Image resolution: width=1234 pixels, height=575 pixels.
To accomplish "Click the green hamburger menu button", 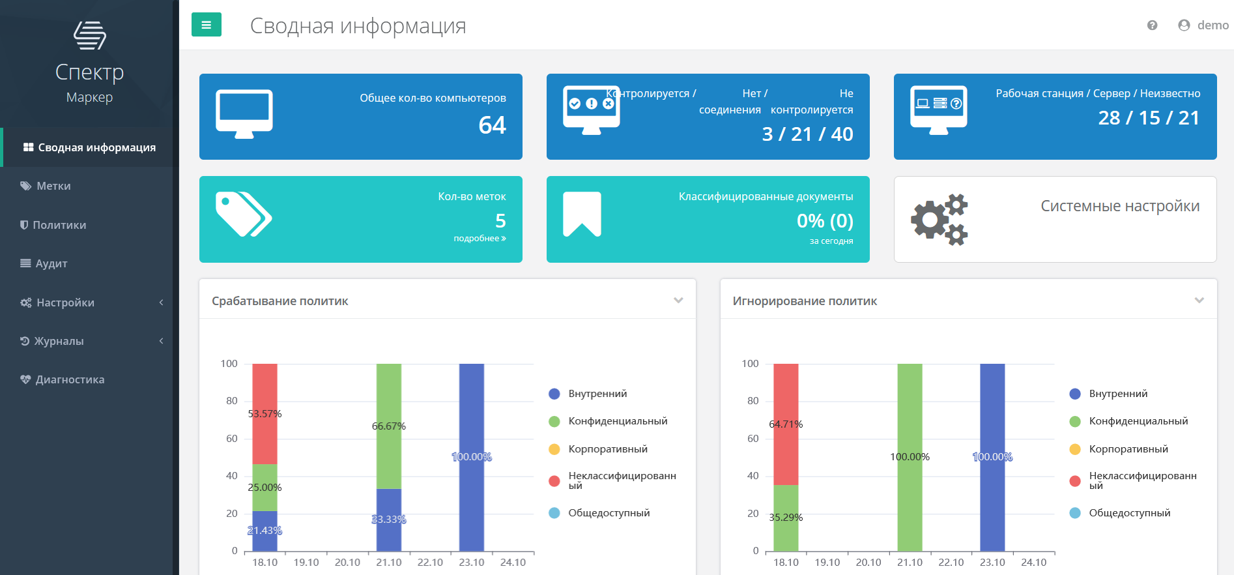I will pyautogui.click(x=206, y=25).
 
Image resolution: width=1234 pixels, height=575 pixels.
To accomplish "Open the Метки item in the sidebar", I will pyautogui.click(x=53, y=186).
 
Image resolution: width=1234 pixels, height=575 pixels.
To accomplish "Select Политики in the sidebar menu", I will pyautogui.click(x=59, y=225).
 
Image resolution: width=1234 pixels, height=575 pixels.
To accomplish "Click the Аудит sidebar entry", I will pyautogui.click(x=51, y=263).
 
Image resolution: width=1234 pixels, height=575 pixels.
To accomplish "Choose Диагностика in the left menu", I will pyautogui.click(x=69, y=379).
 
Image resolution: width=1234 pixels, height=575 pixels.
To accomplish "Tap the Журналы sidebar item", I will pyautogui.click(x=59, y=341).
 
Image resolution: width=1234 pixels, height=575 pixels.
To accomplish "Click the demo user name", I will pyautogui.click(x=1212, y=25).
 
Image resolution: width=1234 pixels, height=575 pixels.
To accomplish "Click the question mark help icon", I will pyautogui.click(x=1152, y=25).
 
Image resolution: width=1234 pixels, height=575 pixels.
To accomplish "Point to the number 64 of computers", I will pyautogui.click(x=492, y=125).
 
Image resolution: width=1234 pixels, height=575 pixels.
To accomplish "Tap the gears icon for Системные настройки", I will pyautogui.click(x=939, y=220).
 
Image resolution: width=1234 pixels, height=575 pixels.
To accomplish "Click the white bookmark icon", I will pyautogui.click(x=582, y=214).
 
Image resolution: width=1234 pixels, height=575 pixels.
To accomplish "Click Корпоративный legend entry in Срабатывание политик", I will pyautogui.click(x=607, y=449).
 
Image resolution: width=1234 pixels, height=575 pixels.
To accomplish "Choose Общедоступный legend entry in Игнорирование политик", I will pyautogui.click(x=1129, y=513).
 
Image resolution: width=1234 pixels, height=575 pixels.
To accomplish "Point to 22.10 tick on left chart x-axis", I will pyautogui.click(x=430, y=563).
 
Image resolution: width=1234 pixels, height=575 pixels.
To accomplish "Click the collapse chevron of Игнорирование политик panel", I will pyautogui.click(x=1199, y=301).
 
